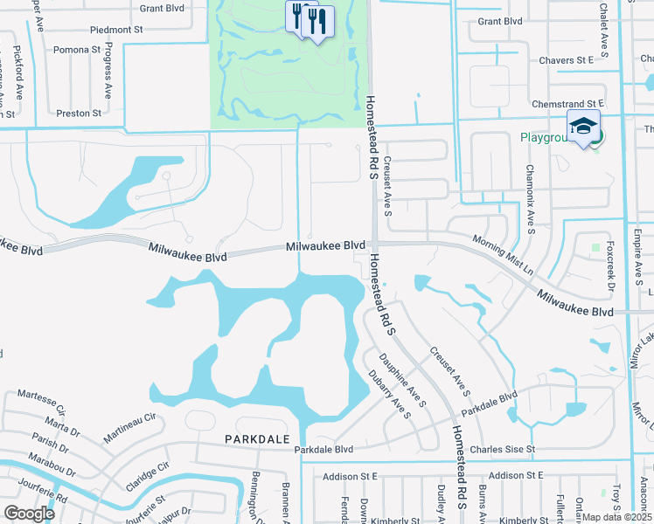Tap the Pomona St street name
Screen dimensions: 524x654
pyautogui.click(x=77, y=50)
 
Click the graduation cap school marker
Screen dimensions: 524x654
pyautogui.click(x=584, y=126)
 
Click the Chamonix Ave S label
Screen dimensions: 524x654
pyautogui.click(x=530, y=200)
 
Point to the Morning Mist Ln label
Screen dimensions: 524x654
pyautogui.click(x=503, y=253)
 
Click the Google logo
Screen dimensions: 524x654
pyautogui.click(x=30, y=513)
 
